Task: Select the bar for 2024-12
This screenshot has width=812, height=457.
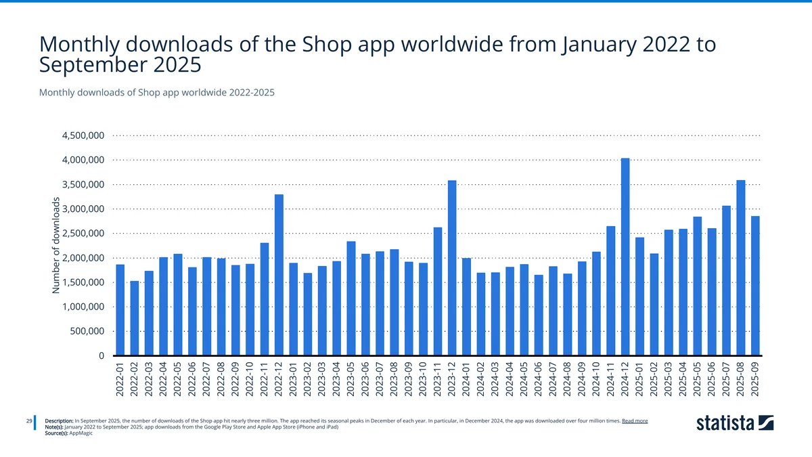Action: pyautogui.click(x=625, y=257)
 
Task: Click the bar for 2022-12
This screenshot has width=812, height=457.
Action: pyautogui.click(x=279, y=275)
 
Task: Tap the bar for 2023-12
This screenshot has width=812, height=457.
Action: pyautogui.click(x=452, y=268)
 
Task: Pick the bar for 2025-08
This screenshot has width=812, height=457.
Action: pyautogui.click(x=740, y=268)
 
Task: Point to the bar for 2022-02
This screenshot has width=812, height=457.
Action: pyautogui.click(x=135, y=318)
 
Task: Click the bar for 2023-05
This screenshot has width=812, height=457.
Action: pyautogui.click(x=351, y=298)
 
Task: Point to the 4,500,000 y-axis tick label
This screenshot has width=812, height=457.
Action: pyautogui.click(x=82, y=135)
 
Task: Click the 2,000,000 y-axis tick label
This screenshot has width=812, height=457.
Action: pyautogui.click(x=82, y=258)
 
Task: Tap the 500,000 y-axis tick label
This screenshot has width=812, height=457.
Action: pyautogui.click(x=86, y=331)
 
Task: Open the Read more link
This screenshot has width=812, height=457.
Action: pyautogui.click(x=635, y=420)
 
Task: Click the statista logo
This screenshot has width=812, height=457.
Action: pyautogui.click(x=735, y=424)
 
